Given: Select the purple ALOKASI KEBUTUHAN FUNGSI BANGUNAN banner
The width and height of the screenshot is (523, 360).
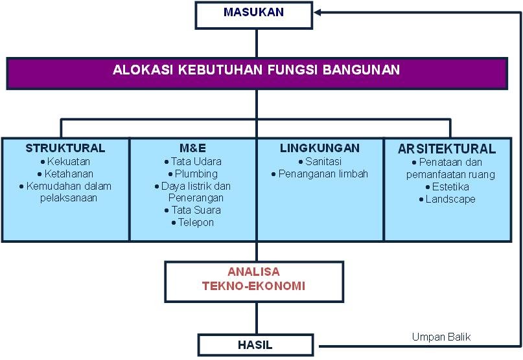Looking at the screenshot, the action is coord(257,71).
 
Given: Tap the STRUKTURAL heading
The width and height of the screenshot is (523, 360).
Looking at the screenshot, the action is coord(65,148).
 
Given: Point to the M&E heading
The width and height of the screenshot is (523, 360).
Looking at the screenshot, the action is coord(192,148).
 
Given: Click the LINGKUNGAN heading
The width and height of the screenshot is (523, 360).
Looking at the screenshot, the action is coord(320,148).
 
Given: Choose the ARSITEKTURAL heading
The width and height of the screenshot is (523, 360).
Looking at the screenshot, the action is coord(447,149).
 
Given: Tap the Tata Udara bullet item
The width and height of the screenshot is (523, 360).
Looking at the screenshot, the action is coord(196,162).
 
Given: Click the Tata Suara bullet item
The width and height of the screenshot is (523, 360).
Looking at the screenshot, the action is coord(196,210).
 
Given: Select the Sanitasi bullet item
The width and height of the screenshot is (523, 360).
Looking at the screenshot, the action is coord(320,162).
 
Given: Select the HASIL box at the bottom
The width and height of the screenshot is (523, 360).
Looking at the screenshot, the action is coord(259,344).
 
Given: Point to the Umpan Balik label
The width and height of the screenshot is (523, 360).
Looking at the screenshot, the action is coord(441,337).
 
